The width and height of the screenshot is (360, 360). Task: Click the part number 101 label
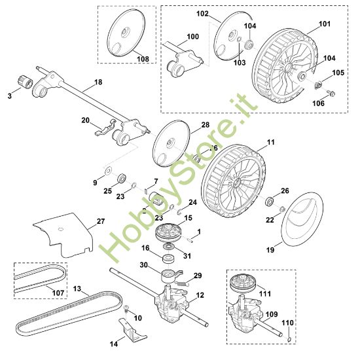coord(324,24)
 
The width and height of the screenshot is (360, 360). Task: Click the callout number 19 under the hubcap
coord(270,250)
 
